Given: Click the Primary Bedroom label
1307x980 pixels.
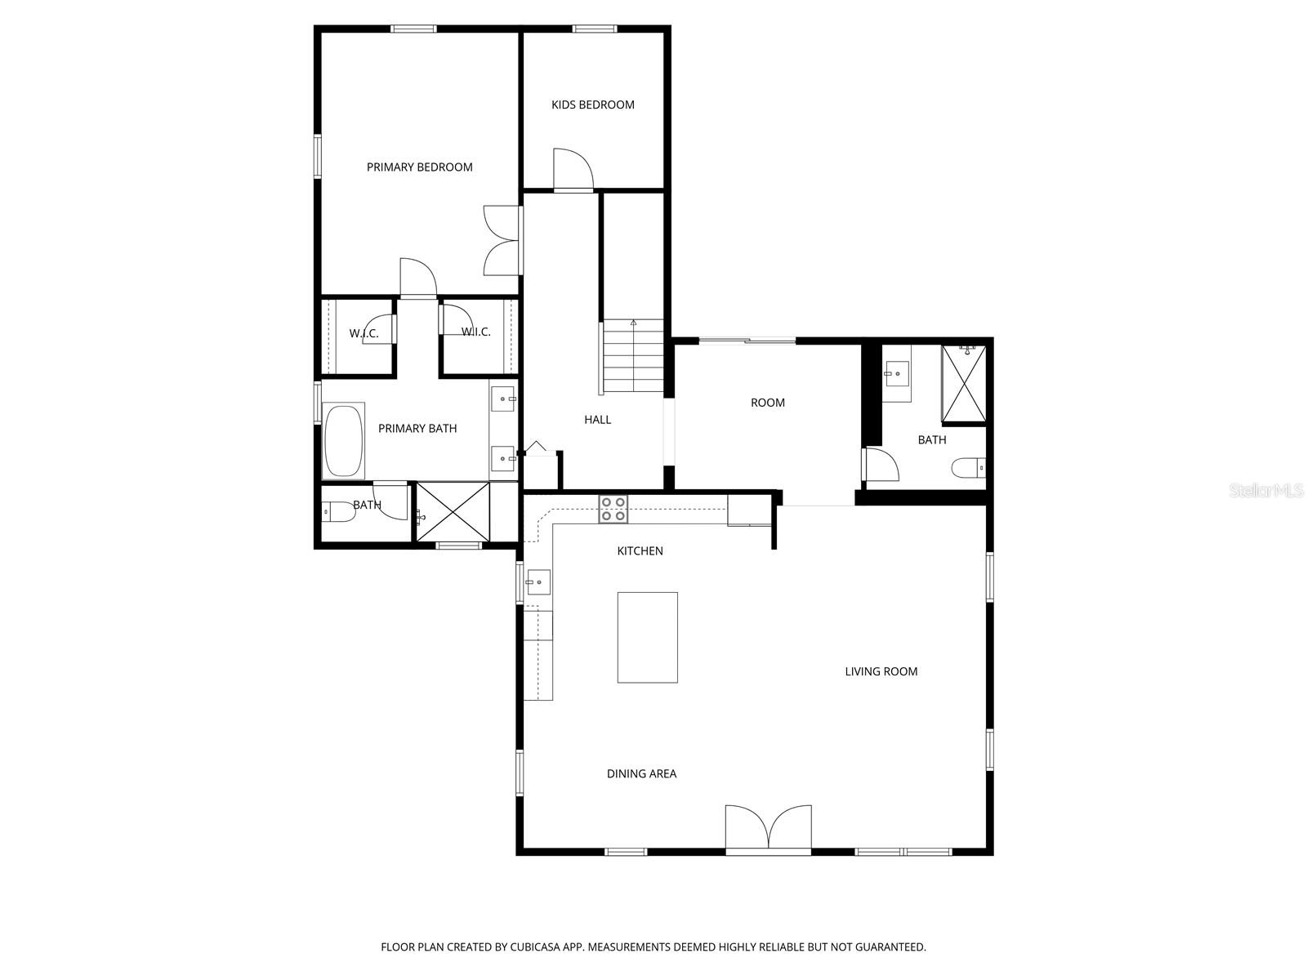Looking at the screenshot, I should (419, 167).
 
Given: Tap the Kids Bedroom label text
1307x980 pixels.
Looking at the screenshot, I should (592, 105).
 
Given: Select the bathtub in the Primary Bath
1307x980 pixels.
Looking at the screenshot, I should (344, 440).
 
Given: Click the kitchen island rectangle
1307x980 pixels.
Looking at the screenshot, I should (647, 637).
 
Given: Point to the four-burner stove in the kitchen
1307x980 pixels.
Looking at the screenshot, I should (613, 510).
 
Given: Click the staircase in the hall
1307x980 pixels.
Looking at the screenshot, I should (633, 357).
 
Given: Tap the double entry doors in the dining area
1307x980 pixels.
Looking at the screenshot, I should (768, 830).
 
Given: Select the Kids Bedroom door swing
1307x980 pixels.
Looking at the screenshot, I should (572, 170).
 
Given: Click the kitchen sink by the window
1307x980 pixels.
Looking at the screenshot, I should (538, 582).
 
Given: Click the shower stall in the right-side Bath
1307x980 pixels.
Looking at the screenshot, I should (964, 384).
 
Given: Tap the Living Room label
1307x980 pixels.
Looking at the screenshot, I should (881, 671).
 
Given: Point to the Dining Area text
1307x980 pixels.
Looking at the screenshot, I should (641, 773).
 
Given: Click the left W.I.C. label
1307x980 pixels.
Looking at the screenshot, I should (364, 333).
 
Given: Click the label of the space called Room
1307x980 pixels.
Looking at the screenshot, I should (767, 403).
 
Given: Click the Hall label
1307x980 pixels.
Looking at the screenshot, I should (597, 420).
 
